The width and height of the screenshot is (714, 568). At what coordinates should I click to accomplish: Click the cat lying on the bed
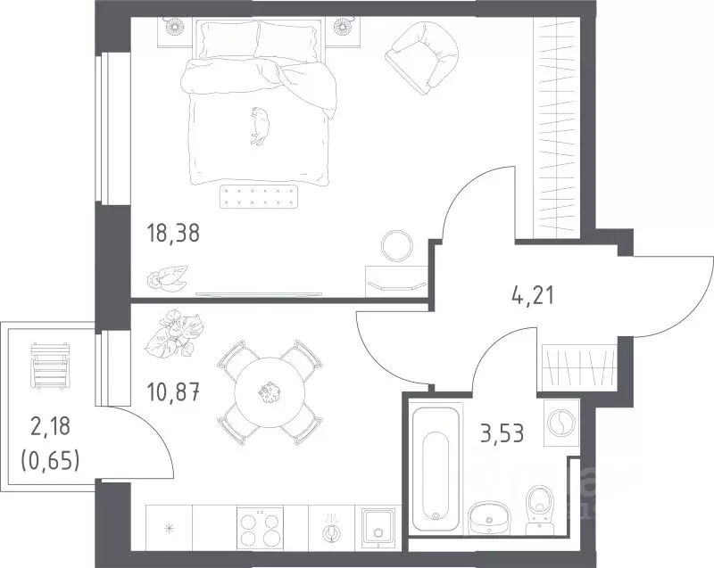(x=260, y=126)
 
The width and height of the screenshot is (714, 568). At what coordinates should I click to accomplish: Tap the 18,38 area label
(x=172, y=234)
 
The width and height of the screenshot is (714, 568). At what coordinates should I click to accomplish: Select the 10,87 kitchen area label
(x=173, y=391)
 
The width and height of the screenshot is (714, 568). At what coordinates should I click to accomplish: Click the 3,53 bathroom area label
(x=502, y=432)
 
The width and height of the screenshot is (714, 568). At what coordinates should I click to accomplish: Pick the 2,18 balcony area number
(x=51, y=427)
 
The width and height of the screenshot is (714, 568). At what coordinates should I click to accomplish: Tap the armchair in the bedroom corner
(x=421, y=57)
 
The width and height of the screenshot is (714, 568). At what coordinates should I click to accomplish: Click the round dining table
(x=269, y=392)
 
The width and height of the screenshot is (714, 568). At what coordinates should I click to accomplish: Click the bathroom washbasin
(x=488, y=518)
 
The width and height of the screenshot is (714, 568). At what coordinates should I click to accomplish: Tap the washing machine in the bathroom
(x=562, y=423)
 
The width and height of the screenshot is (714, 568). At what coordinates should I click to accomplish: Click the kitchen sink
(x=378, y=529)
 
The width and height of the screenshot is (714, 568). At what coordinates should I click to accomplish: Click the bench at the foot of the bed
(x=259, y=196)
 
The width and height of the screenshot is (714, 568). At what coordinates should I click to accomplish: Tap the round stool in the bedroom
(x=396, y=245)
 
